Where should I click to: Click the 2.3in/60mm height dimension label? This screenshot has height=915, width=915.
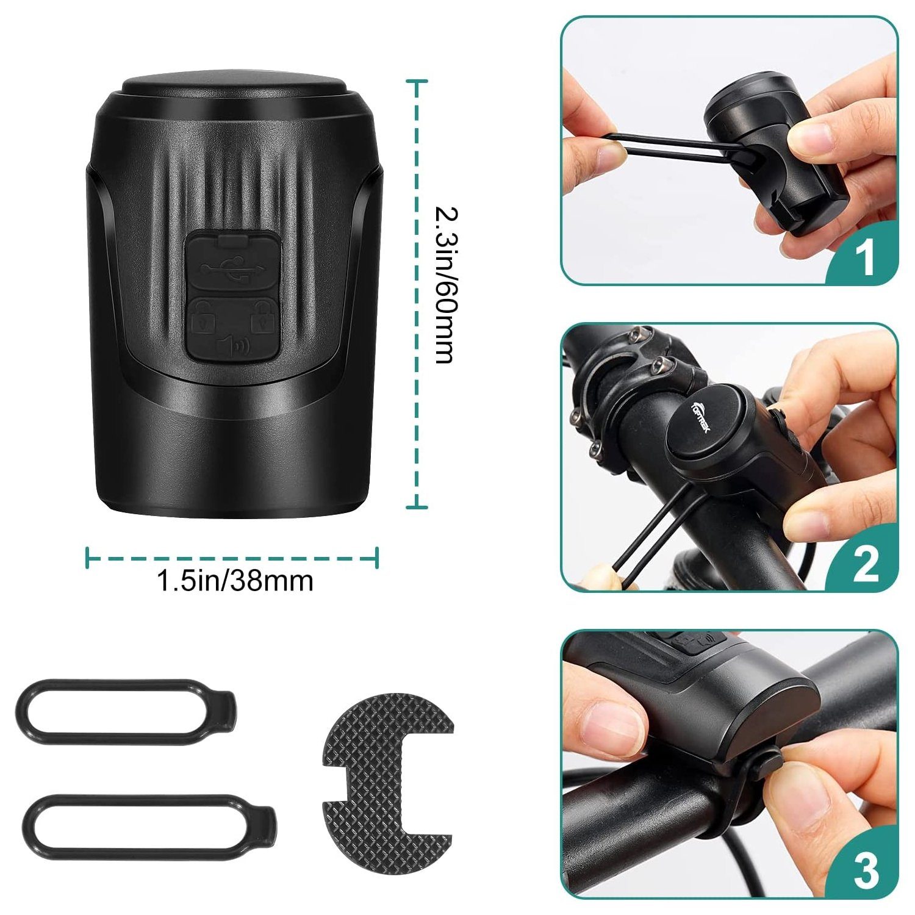[444, 285]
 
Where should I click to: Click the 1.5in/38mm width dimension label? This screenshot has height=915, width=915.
[235, 580]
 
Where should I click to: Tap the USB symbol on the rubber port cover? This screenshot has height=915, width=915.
[234, 269]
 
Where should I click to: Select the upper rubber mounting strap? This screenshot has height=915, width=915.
[126, 712]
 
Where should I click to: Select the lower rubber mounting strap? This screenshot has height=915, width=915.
[149, 827]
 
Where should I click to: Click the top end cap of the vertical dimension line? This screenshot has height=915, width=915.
[417, 81]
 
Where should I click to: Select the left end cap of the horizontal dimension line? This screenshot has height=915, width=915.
[88, 557]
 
